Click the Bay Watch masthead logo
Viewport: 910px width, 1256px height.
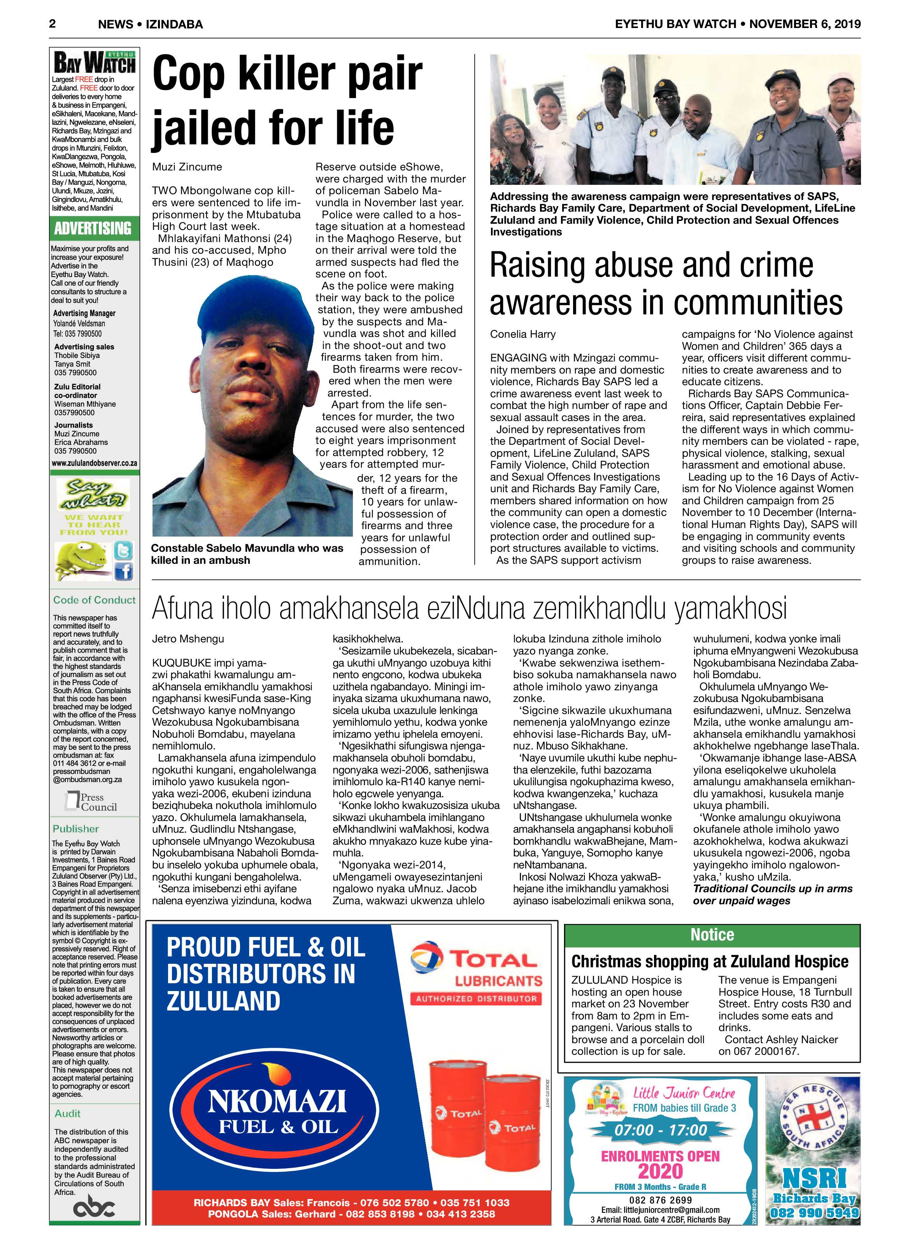coord(94,63)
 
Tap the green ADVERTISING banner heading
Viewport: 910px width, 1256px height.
coord(93,228)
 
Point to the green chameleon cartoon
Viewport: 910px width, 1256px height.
coord(81,560)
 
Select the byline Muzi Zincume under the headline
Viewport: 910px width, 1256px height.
coord(187,167)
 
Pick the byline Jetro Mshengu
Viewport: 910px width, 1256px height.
coord(188,639)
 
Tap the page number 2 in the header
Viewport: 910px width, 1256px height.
coord(53,23)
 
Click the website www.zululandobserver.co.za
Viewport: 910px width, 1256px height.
coord(94,463)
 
